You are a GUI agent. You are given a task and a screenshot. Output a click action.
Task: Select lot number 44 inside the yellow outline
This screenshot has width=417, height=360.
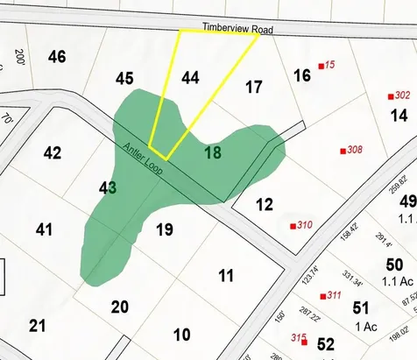pyautogui.click(x=191, y=77)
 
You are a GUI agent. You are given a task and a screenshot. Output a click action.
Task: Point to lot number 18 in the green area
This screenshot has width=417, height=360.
pyautogui.click(x=212, y=152)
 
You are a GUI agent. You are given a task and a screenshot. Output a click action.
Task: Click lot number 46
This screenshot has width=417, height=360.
pyautogui.click(x=57, y=58)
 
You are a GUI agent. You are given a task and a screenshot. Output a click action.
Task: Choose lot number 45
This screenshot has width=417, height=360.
pyautogui.click(x=124, y=79)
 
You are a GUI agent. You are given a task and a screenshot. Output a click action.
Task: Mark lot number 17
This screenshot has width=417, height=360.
pyautogui.click(x=253, y=87)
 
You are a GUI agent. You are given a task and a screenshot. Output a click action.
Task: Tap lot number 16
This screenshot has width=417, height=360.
pyautogui.click(x=301, y=75)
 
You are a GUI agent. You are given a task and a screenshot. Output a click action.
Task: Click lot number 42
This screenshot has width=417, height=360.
pyautogui.click(x=52, y=153)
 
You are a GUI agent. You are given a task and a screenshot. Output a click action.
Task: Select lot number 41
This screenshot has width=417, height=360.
pyautogui.click(x=45, y=229)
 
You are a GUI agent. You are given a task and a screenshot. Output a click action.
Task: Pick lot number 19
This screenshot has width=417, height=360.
pyautogui.click(x=163, y=230)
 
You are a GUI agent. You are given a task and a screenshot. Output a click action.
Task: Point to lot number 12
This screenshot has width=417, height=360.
pyautogui.click(x=265, y=205)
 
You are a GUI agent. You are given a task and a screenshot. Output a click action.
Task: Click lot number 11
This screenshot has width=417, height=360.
pyautogui.click(x=226, y=277)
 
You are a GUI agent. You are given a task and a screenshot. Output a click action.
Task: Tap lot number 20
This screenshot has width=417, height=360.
pyautogui.click(x=119, y=306)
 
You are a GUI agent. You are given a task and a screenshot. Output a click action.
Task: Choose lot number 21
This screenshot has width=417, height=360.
pyautogui.click(x=37, y=326)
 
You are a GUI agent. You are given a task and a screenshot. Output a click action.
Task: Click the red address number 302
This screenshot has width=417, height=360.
pyautogui.click(x=402, y=95)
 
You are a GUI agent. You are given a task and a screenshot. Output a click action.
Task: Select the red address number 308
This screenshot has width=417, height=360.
pyautogui.click(x=354, y=150)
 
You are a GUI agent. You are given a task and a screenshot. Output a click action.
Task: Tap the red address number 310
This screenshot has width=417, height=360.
pyautogui.click(x=304, y=225)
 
